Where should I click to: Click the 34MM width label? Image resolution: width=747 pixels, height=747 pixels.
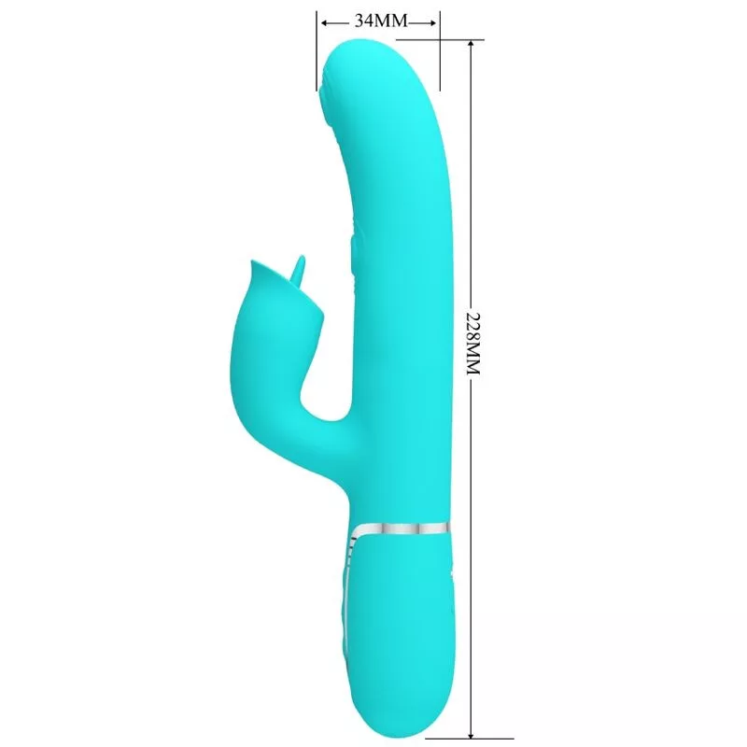point(381,21)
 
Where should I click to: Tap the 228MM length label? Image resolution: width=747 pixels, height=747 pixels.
point(472,344)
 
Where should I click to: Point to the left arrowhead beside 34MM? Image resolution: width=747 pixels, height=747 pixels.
point(326,22)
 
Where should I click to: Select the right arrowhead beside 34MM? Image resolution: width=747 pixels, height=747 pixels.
point(431,22)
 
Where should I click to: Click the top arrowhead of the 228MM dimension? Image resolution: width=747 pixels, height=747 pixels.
point(472,45)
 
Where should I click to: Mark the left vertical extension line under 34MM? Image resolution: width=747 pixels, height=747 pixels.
point(317,51)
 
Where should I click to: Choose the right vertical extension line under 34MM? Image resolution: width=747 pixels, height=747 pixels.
point(440,51)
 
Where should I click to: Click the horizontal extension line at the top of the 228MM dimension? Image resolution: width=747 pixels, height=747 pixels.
point(440,39)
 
